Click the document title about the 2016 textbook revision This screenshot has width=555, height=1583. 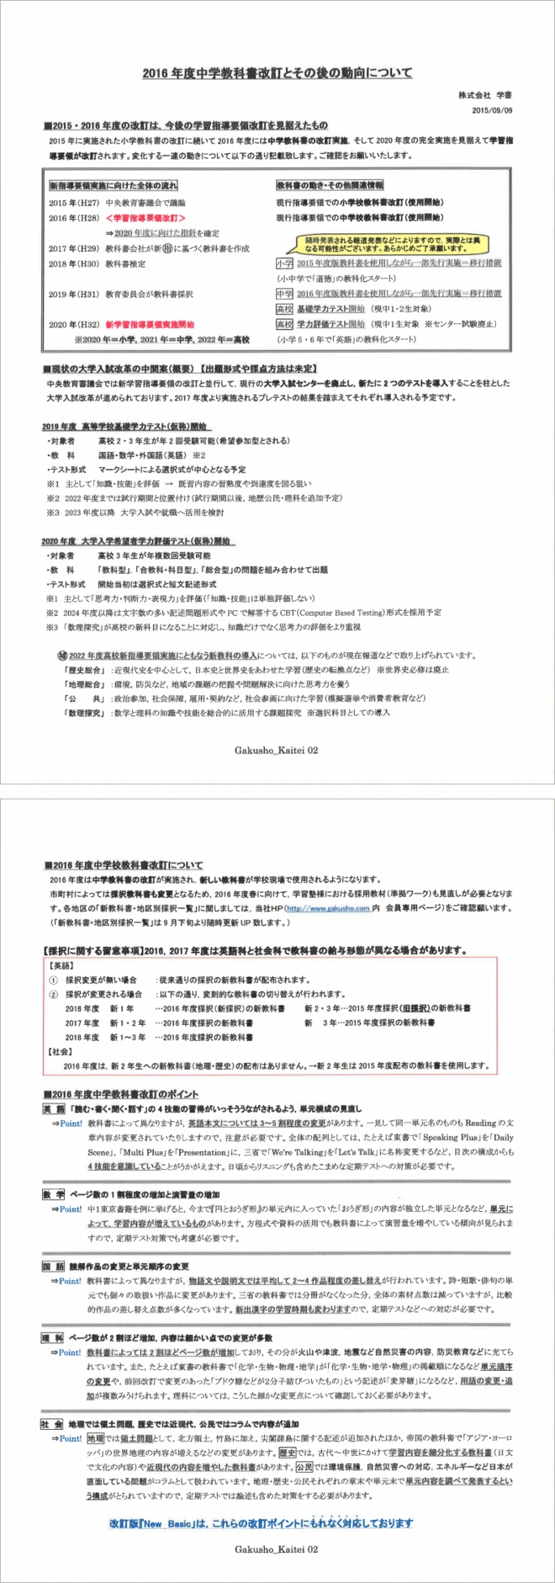(x=277, y=73)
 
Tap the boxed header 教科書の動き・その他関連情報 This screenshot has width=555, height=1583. (x=330, y=185)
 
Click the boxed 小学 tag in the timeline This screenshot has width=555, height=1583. (x=284, y=263)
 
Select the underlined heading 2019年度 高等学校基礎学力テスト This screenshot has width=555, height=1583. (x=126, y=427)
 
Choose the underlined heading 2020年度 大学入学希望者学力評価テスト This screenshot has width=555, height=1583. (x=138, y=541)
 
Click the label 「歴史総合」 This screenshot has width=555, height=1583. (x=82, y=670)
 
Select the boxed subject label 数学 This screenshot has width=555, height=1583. (x=52, y=1195)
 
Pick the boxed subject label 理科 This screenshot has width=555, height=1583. (x=52, y=1338)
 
